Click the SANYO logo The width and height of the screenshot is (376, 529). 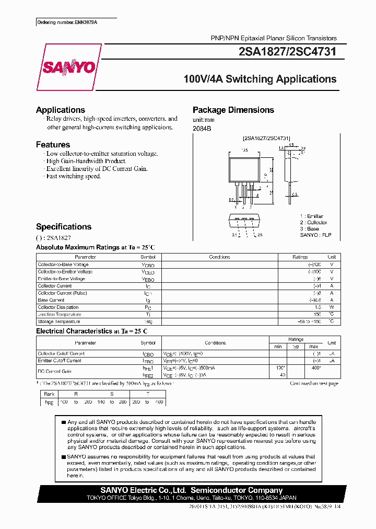pos(69,67)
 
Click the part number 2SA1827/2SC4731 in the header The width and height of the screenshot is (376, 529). pos(284,52)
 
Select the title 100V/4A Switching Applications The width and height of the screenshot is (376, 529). pos(260,79)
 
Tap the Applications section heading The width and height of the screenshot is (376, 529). pos(60,110)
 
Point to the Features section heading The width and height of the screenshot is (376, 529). pos(53,145)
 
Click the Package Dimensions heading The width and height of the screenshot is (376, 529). pos(233,110)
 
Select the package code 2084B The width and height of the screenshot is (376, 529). pos(202,129)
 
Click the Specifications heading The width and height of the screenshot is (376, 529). pos(63,227)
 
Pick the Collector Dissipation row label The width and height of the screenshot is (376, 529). pos(58,307)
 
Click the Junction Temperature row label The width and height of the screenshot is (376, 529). pos(59,315)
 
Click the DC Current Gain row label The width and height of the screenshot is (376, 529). pos(54,371)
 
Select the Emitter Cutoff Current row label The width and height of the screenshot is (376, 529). pos(60,361)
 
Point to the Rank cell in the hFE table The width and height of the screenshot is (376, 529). pos(49,395)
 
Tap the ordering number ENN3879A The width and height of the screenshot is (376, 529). pos(67,22)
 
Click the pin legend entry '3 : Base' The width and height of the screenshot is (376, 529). pos(309,229)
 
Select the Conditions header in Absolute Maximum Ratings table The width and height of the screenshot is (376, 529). pos(219,257)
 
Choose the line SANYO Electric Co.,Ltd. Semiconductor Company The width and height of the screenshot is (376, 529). pos(191,490)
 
